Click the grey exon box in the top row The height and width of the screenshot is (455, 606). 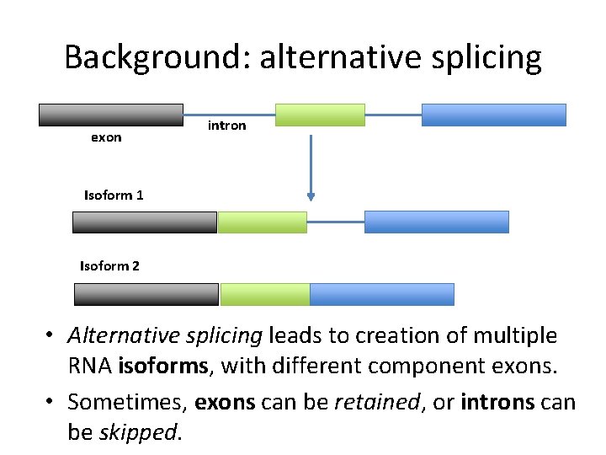pos(110,115)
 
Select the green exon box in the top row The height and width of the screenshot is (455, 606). pos(320,115)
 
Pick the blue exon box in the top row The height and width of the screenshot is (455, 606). pos(493,115)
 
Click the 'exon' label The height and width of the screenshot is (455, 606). pos(106,137)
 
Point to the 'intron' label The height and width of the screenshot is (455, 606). pos(226,126)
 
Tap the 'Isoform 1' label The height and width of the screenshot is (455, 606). pos(114,195)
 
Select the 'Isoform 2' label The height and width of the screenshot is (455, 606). pos(109,266)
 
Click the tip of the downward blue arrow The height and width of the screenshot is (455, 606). pos(311,198)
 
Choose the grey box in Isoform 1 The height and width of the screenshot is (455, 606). pos(145,222)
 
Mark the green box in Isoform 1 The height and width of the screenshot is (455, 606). pos(262,222)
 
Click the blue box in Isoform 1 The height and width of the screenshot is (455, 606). pos(436,222)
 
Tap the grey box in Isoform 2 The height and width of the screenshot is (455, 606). pos(146,294)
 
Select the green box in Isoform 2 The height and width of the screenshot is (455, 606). pos(264,294)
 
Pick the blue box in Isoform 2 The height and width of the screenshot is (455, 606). pos(382,294)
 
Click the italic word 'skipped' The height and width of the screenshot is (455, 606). pos(138,433)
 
